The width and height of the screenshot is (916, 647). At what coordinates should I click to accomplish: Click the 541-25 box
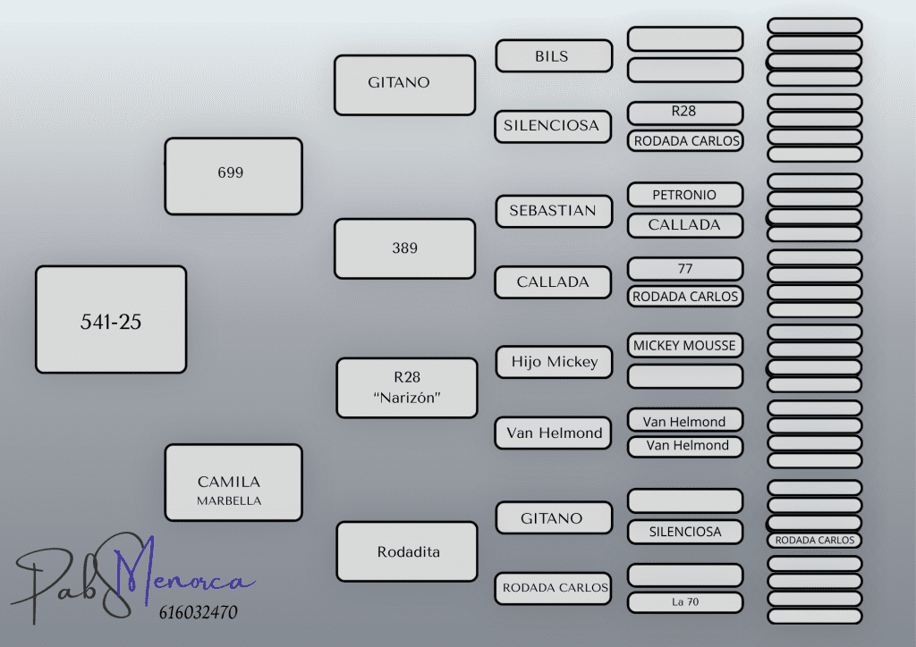coord(111,320)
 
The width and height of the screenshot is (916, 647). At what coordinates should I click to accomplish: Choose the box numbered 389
coord(404,248)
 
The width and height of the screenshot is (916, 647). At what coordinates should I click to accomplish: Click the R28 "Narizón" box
coord(407,388)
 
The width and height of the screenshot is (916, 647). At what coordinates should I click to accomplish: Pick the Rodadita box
coord(407,551)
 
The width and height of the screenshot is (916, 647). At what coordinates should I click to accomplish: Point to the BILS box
coord(554,56)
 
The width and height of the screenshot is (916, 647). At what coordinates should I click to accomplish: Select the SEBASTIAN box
coord(554,211)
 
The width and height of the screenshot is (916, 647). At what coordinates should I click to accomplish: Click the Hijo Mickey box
coord(554,362)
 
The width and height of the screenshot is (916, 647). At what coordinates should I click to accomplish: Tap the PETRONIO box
coord(685,194)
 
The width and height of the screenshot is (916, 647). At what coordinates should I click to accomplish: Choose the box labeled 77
coord(685,269)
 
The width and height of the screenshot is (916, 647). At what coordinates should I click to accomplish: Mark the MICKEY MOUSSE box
coord(685,345)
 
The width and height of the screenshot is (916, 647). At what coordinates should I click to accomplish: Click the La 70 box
coord(685,602)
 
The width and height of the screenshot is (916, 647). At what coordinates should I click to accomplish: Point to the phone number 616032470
coord(197,613)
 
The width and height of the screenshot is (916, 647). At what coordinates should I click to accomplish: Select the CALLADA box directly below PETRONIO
coord(685,225)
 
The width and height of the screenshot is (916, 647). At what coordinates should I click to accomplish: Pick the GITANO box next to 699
coord(404,85)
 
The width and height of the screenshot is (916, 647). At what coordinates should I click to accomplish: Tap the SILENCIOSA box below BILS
coord(552,126)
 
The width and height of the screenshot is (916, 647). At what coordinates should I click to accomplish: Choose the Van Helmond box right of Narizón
coord(554,433)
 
